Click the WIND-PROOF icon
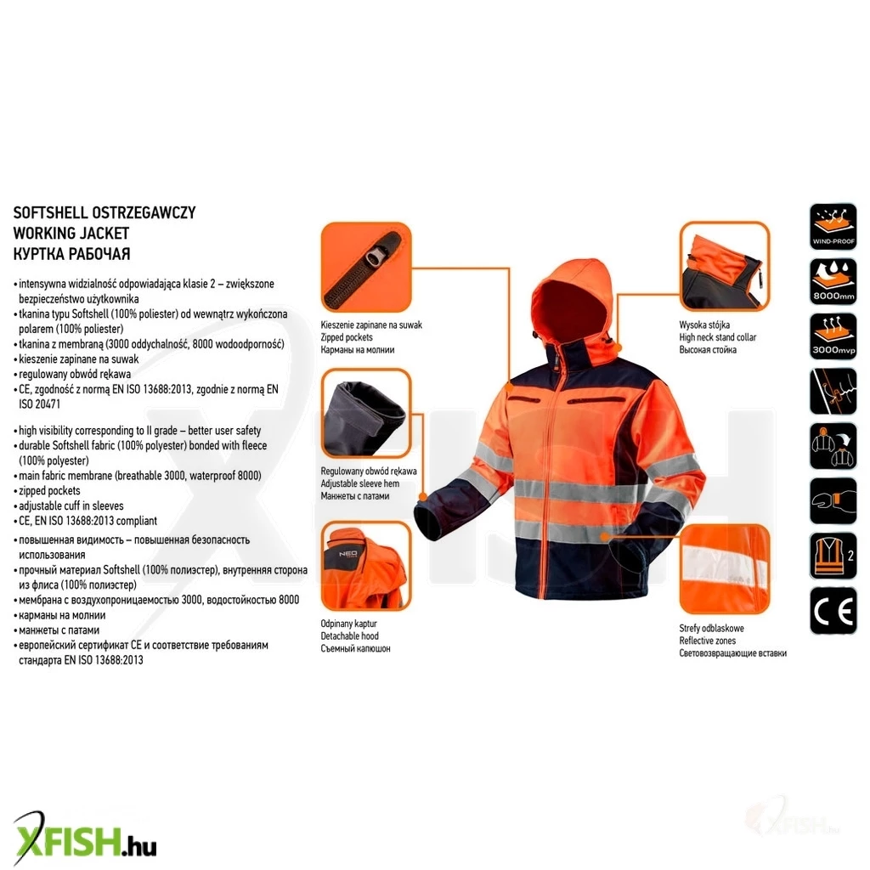[x=833, y=226]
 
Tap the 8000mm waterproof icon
[x=833, y=280]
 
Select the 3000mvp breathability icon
[x=833, y=336]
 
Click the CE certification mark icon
[x=833, y=610]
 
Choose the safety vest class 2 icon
[x=833, y=556]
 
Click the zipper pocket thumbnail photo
[x=366, y=268]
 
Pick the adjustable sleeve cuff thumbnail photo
[x=366, y=414]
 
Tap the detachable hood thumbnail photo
[x=366, y=566]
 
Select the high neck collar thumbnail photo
[x=725, y=266]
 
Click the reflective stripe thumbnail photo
[x=725, y=569]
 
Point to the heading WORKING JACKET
[x=71, y=234]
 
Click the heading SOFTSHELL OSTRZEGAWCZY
[x=105, y=213]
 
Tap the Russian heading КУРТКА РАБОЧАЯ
[x=71, y=254]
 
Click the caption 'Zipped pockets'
[x=347, y=337]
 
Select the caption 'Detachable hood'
[x=349, y=636]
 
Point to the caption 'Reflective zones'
[x=708, y=641]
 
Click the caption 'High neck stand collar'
[x=717, y=337]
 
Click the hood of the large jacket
[x=572, y=302]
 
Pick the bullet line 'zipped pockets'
[x=49, y=491]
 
